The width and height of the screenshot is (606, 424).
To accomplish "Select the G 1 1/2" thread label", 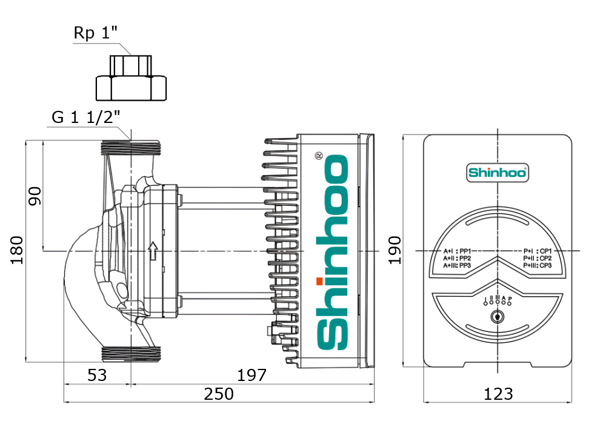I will click(85, 118).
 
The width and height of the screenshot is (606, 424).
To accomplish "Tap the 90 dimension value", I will click(35, 196).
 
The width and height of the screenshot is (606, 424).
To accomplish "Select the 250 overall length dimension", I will click(218, 394).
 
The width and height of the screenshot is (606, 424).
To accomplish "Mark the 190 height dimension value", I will click(395, 250).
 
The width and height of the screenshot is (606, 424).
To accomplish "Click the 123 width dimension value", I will click(498, 394).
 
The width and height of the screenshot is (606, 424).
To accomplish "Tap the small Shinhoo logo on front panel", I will click(498, 173).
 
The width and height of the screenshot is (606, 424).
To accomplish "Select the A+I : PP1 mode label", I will click(458, 250).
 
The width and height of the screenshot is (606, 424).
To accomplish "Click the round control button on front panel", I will click(498, 316).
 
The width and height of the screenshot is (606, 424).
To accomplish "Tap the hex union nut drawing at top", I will click(132, 79).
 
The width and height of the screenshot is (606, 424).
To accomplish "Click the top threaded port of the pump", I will click(131, 147).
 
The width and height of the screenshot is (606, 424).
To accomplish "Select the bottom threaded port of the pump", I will click(131, 355).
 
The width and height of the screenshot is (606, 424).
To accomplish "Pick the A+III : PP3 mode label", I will click(458, 265).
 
